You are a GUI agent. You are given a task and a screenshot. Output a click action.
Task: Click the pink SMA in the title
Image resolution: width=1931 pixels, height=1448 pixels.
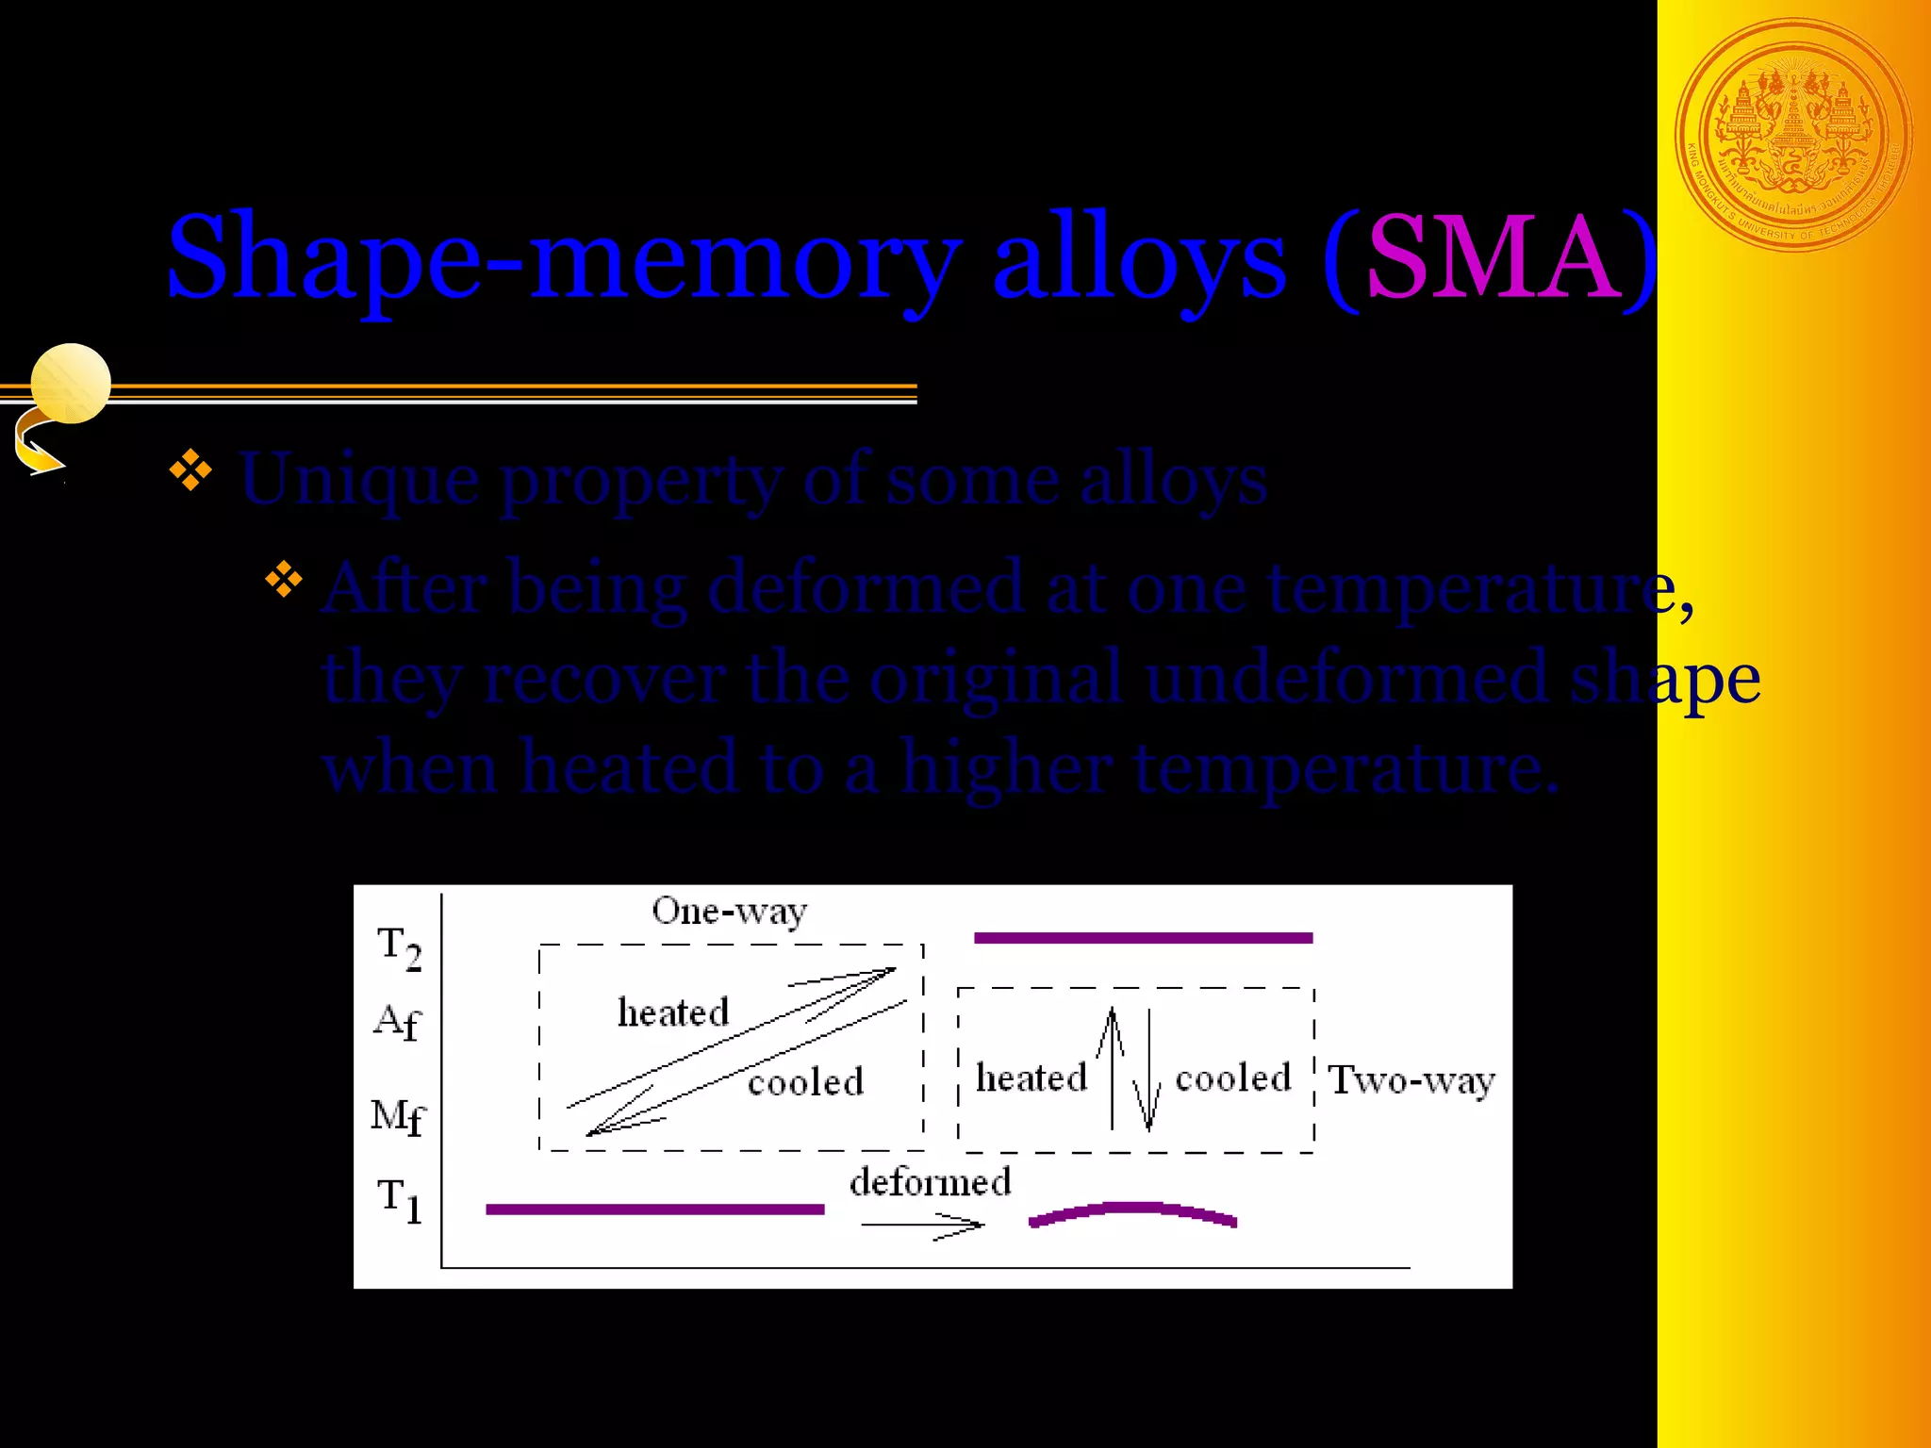tap(1495, 256)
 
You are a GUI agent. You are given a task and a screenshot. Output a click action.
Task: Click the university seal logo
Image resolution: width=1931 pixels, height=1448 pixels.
tap(1793, 136)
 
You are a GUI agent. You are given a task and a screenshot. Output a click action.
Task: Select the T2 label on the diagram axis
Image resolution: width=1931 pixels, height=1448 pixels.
tap(399, 946)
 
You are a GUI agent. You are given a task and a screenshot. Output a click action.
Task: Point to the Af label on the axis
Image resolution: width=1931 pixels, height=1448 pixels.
tap(397, 1022)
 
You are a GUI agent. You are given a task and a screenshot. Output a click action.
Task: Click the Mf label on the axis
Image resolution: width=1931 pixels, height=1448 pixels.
tap(398, 1117)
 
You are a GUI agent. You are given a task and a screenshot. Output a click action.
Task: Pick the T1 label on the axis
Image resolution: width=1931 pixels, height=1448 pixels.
tap(399, 1199)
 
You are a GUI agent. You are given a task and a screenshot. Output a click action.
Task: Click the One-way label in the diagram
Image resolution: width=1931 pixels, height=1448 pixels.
tap(729, 912)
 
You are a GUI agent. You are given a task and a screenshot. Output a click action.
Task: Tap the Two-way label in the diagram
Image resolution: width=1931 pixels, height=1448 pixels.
tap(1411, 1080)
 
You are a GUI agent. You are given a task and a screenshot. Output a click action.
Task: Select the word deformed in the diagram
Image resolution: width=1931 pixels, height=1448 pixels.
tap(930, 1182)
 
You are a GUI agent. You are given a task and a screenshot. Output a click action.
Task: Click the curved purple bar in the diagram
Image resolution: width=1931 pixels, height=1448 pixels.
tap(1132, 1213)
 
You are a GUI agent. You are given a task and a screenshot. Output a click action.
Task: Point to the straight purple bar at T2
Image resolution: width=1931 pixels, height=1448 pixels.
tap(1143, 938)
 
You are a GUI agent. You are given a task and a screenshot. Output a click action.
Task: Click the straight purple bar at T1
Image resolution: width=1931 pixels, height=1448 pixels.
tap(654, 1209)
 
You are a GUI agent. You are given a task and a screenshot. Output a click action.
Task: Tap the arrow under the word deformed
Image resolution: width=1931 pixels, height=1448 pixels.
tap(922, 1226)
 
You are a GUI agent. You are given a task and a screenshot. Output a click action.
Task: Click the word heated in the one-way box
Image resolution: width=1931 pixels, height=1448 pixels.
tap(673, 1012)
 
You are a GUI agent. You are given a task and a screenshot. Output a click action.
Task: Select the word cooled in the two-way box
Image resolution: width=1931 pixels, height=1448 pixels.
tap(1233, 1078)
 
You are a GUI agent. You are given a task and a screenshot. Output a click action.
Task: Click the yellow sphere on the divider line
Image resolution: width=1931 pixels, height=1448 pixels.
tap(71, 383)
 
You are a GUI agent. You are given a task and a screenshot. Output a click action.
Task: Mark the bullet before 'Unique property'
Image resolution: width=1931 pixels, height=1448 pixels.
tap(190, 470)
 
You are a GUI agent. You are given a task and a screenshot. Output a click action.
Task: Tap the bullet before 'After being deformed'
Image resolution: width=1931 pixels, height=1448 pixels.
tap(284, 579)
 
